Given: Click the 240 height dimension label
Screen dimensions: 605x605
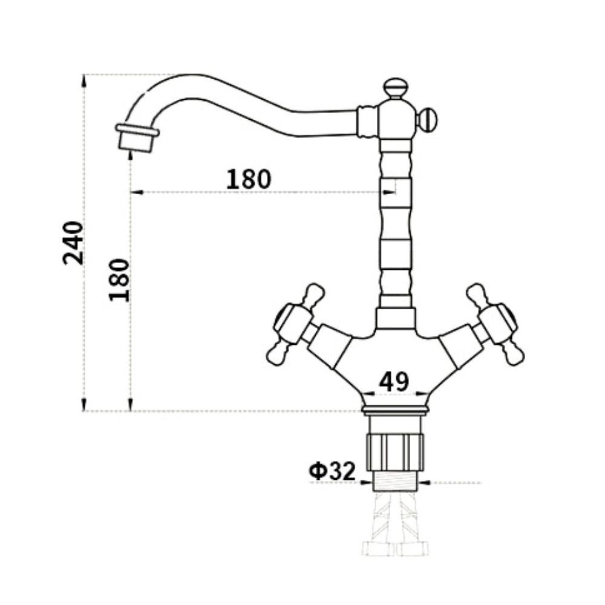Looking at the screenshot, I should [x=73, y=243].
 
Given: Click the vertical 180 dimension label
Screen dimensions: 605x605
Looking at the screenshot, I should [x=119, y=280].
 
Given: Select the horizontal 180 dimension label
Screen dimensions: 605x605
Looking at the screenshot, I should [x=249, y=178].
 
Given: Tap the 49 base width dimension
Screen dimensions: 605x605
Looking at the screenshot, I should [x=394, y=381].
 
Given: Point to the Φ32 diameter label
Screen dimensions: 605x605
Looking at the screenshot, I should [x=332, y=471].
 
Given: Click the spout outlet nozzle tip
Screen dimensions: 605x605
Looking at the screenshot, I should [x=137, y=139].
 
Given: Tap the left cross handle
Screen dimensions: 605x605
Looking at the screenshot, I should [x=295, y=324].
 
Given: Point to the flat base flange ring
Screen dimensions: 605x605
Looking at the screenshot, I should [x=396, y=411].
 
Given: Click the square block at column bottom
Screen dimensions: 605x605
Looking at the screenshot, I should [x=396, y=318].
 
